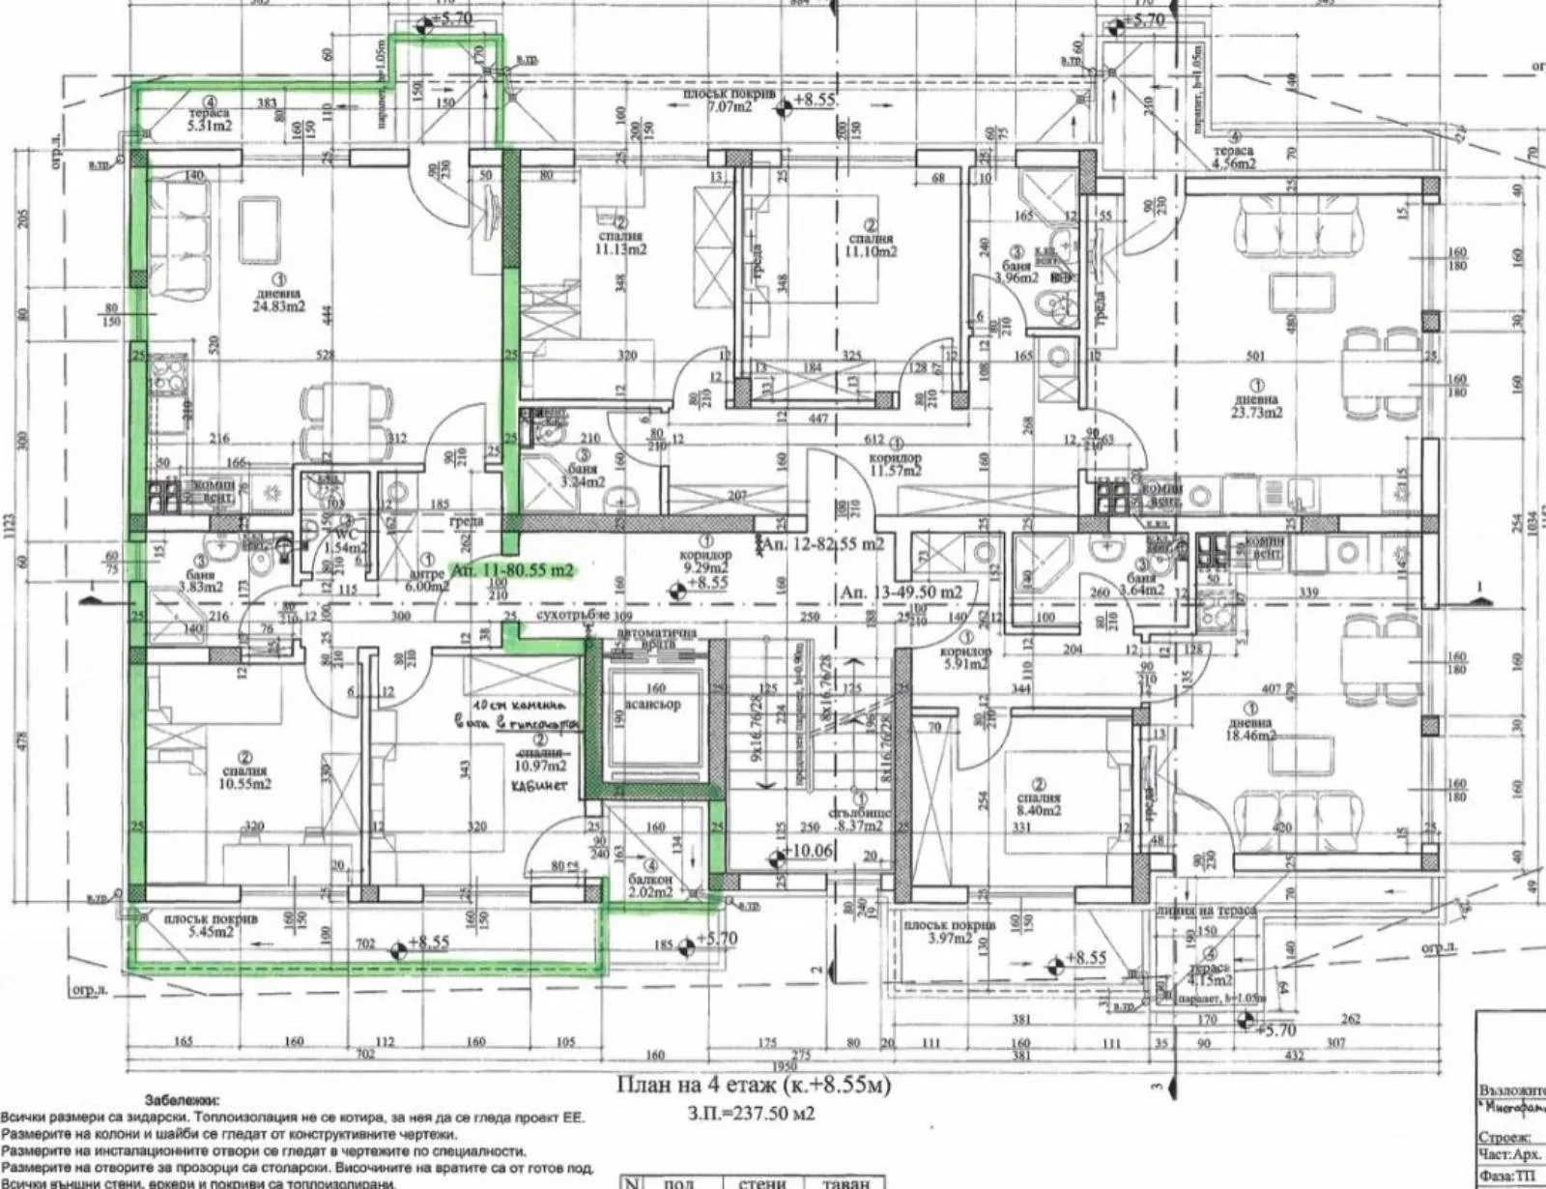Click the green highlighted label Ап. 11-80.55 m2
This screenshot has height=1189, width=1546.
[x=512, y=570]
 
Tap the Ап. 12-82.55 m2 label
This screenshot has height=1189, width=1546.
[x=822, y=545]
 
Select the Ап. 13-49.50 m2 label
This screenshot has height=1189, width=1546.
[x=902, y=592]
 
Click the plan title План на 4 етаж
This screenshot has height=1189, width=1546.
[x=754, y=1086]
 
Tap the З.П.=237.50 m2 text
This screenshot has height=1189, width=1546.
[x=752, y=1114]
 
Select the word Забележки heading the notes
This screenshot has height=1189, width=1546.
[x=182, y=1100]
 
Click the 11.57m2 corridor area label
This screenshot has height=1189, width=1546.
[x=895, y=471]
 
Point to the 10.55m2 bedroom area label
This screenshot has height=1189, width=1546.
[x=245, y=784]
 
